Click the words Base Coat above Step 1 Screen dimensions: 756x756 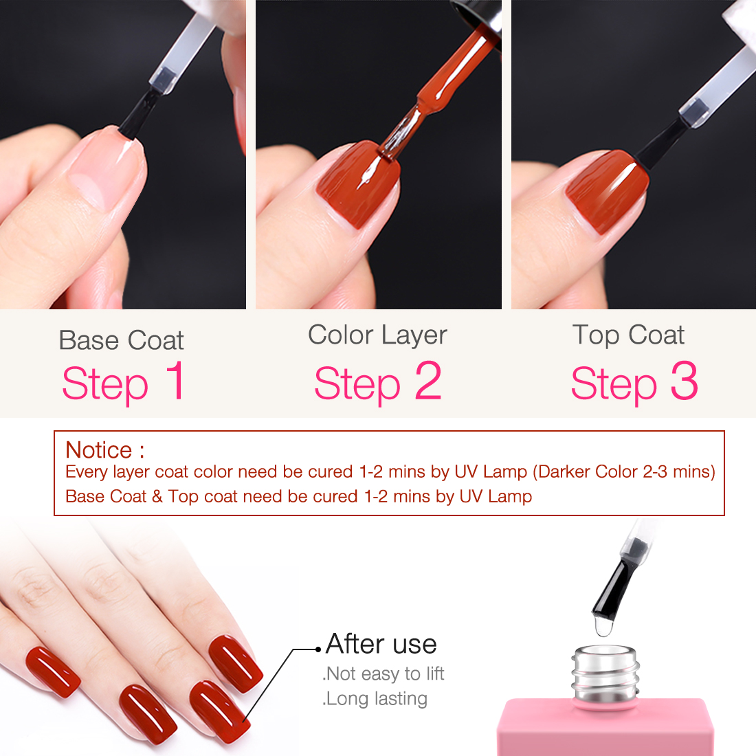click(121, 340)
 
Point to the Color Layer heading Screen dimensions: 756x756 click(377, 335)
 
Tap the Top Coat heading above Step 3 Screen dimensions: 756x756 click(628, 335)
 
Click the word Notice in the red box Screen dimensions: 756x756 click(99, 450)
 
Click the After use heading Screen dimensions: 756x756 click(381, 644)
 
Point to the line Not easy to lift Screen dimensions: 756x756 click(383, 674)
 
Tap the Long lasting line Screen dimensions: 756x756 click(375, 699)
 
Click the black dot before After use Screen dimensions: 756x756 click(318, 649)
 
